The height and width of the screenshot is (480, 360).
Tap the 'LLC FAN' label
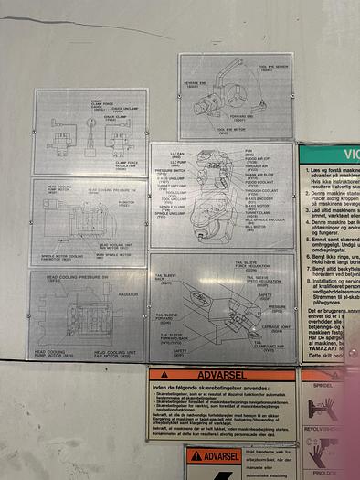[x=176, y=154]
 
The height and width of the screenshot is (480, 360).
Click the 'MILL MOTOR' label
[x=255, y=228]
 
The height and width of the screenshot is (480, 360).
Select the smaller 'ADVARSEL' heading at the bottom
[x=222, y=455]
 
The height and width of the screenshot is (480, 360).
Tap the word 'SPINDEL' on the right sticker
[x=323, y=387]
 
